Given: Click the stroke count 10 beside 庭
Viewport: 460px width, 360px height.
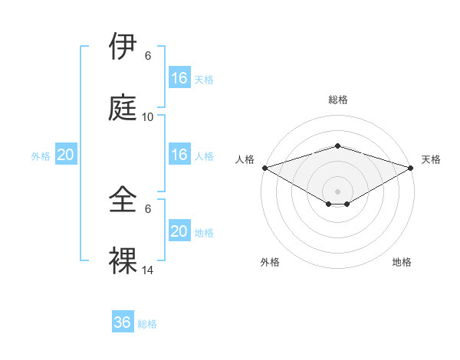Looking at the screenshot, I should pyautogui.click(x=148, y=116).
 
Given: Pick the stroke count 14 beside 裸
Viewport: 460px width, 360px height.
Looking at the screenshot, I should pyautogui.click(x=148, y=270).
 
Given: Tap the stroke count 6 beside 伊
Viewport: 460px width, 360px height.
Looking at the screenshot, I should pyautogui.click(x=148, y=56).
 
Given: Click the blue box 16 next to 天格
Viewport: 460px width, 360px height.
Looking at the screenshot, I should pyautogui.click(x=179, y=78).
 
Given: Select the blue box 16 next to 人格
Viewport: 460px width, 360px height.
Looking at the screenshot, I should pyautogui.click(x=179, y=155).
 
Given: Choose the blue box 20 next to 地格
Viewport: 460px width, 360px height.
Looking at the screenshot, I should pyautogui.click(x=179, y=231).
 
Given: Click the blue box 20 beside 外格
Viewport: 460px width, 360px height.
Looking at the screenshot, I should pyautogui.click(x=66, y=155).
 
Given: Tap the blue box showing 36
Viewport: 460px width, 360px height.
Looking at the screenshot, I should pyautogui.click(x=123, y=322).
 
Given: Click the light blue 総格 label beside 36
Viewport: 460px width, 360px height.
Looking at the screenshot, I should pyautogui.click(x=147, y=324).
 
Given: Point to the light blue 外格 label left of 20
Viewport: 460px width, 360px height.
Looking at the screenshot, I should pyautogui.click(x=41, y=156).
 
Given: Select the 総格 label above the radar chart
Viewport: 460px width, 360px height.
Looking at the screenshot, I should pyautogui.click(x=337, y=100).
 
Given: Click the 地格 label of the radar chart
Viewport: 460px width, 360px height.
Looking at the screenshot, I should pyautogui.click(x=402, y=262).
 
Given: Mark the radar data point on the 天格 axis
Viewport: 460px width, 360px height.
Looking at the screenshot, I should pyautogui.click(x=411, y=168).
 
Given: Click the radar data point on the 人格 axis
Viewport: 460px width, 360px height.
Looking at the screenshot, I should pyautogui.click(x=264, y=168).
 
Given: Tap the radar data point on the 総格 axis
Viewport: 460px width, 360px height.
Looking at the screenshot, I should pyautogui.click(x=337, y=146).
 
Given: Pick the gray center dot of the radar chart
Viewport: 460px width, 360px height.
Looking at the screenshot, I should pyautogui.click(x=337, y=191).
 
